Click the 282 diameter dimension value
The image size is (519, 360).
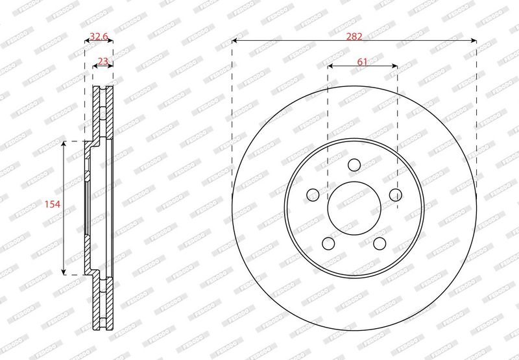[x=354, y=36]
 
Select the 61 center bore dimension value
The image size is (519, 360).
[x=362, y=62]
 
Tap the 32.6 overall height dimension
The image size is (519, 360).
[x=99, y=36]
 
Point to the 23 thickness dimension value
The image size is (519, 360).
[x=103, y=61]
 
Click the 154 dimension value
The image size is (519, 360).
[x=53, y=204]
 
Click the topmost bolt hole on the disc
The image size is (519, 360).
[x=354, y=165]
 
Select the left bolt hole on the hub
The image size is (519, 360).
[x=313, y=195]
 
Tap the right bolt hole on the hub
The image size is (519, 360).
[x=396, y=195]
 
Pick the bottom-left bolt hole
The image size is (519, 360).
[x=328, y=243]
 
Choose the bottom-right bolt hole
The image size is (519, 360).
[x=380, y=243]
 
